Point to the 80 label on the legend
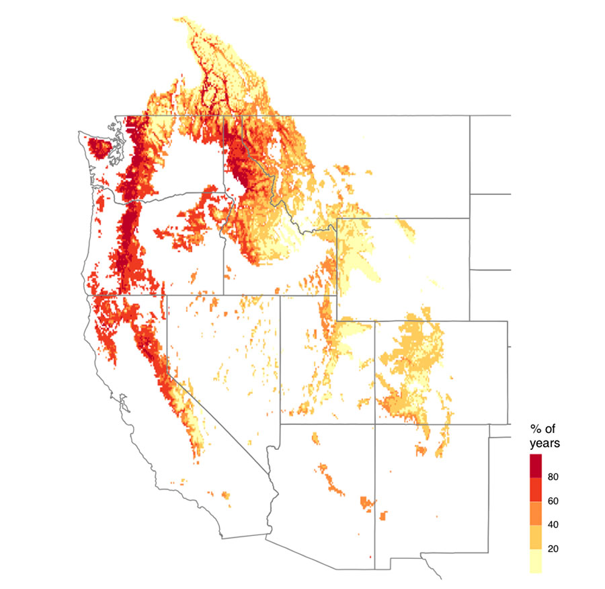553,477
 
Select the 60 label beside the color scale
553,501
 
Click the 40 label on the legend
553,524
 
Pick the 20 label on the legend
553,549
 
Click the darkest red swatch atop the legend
536,465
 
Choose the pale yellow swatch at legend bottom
536,561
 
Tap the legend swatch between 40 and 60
536,513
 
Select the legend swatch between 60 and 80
536,489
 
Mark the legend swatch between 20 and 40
536,537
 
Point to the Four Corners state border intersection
374,424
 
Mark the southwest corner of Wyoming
337,321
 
